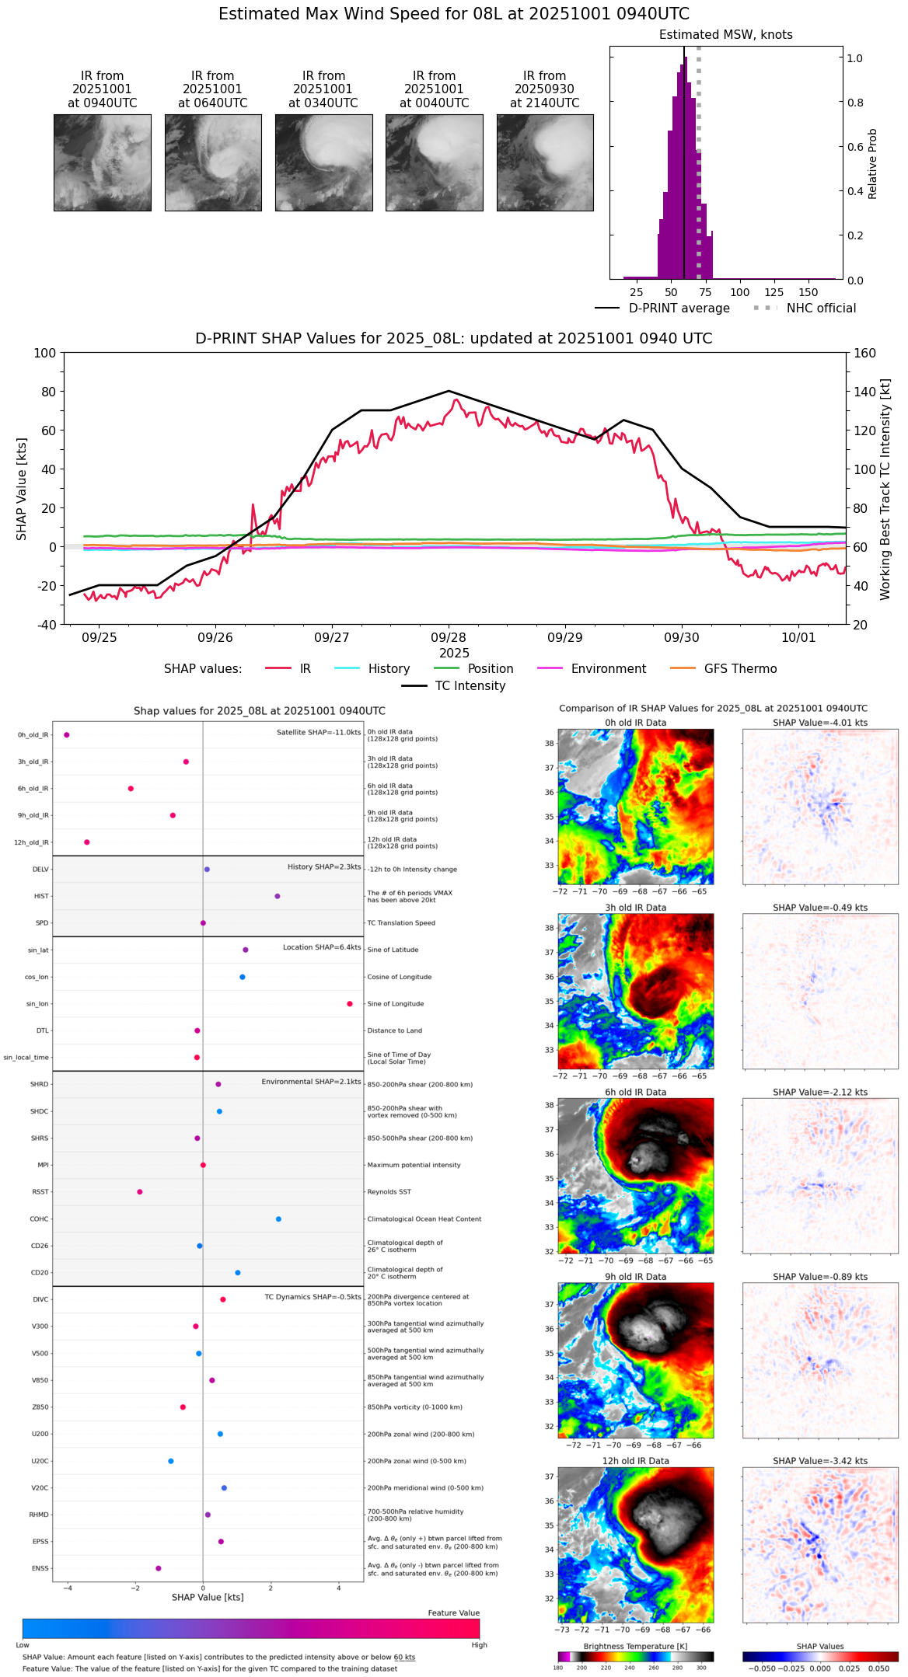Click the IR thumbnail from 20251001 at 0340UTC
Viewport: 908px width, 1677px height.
(x=323, y=162)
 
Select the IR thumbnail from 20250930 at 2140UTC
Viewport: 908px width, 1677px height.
(x=545, y=162)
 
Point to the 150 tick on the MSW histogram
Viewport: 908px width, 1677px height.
(x=808, y=292)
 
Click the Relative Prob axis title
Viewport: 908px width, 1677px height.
(x=872, y=163)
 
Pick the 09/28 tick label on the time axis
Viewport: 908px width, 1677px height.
(x=449, y=637)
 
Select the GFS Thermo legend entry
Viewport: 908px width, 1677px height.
(x=740, y=669)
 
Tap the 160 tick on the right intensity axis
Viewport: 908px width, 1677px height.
(x=864, y=353)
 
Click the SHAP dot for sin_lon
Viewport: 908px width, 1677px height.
(x=350, y=1004)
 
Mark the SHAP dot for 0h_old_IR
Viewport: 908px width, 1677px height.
(x=67, y=735)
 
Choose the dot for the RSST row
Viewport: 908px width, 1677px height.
(x=140, y=1192)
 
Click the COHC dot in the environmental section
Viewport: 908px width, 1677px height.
(x=278, y=1219)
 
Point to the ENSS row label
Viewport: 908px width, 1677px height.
(x=40, y=1568)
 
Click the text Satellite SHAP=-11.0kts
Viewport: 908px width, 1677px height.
(x=319, y=733)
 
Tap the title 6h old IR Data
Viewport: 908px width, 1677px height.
(x=635, y=1092)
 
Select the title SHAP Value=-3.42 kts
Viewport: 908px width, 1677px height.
(x=820, y=1461)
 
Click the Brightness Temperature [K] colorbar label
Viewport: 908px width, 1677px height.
(x=635, y=1646)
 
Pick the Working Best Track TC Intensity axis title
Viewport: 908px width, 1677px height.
(x=885, y=490)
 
